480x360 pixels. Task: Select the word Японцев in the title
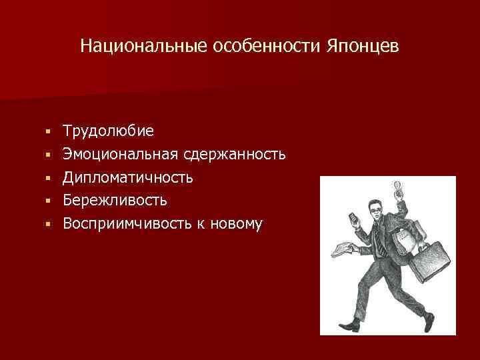point(363,47)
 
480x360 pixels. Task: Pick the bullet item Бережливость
point(115,200)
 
